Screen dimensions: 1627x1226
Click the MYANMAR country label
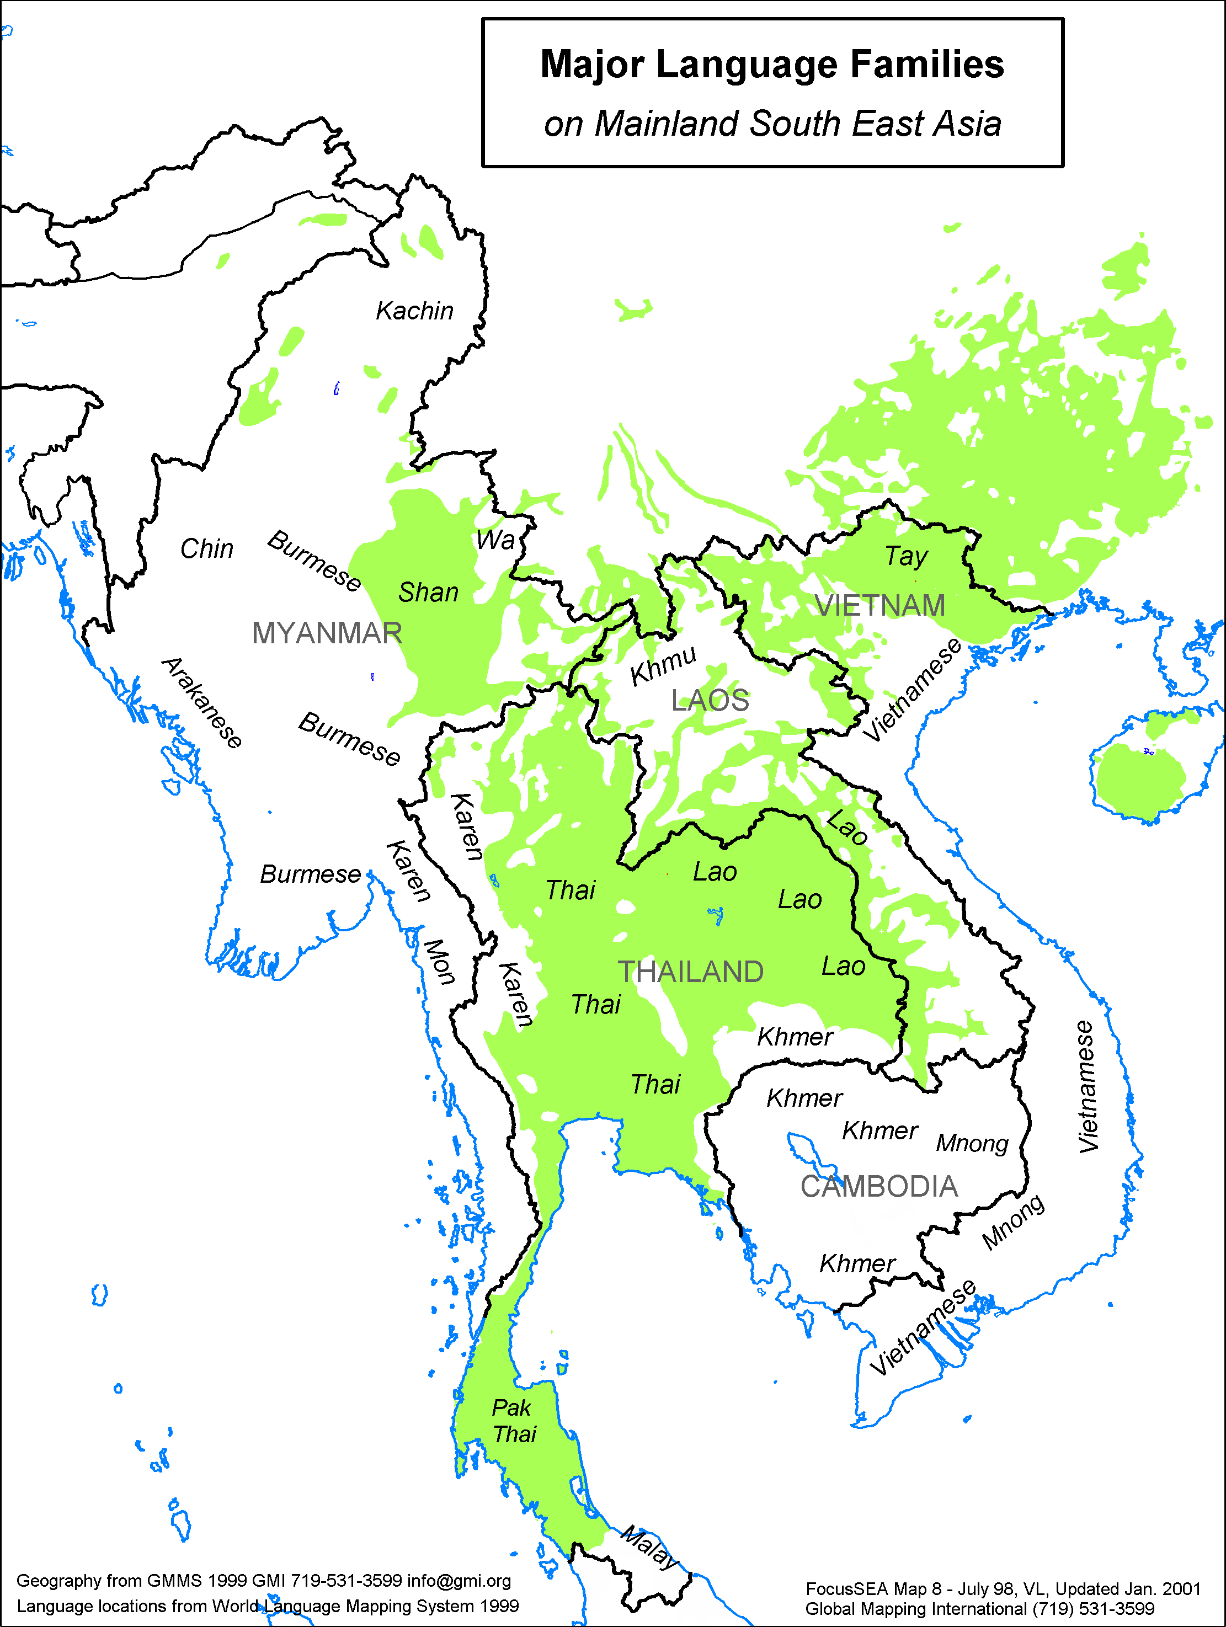327,633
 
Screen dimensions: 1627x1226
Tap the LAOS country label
710,700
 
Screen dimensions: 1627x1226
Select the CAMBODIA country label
879,1186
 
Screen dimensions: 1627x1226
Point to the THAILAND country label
690,972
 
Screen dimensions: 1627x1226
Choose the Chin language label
207,549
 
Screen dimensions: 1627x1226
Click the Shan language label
428,592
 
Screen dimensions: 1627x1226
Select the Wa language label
495,540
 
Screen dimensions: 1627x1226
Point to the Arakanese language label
201,702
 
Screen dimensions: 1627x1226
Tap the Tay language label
905,557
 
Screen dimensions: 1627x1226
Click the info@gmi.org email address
459,1581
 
